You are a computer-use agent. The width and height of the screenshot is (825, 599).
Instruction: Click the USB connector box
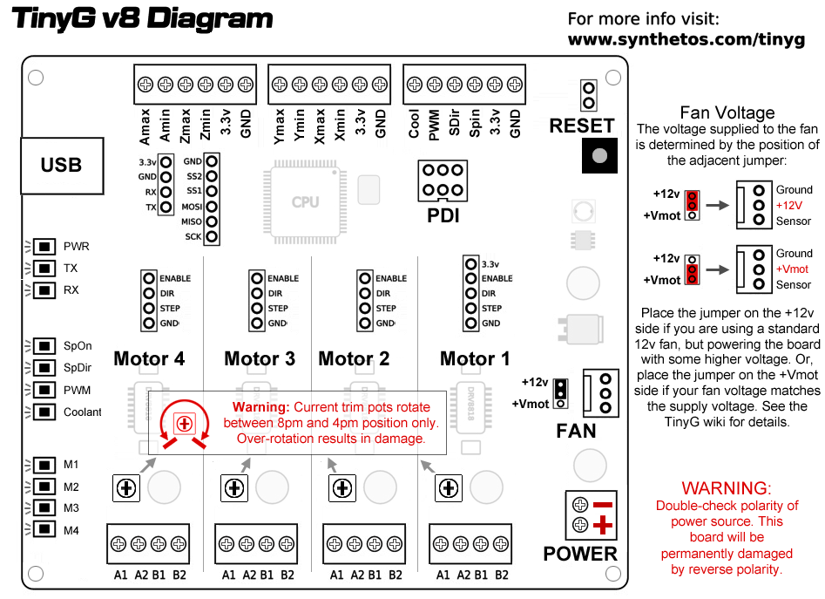pyautogui.click(x=61, y=165)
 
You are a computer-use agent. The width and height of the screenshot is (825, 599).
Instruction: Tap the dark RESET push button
pyautogui.click(x=598, y=155)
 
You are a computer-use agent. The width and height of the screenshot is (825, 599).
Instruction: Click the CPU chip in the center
pyautogui.click(x=305, y=201)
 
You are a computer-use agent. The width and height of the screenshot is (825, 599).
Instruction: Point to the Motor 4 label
pyautogui.click(x=149, y=358)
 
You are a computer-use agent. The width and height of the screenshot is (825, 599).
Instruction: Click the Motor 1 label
pyautogui.click(x=475, y=358)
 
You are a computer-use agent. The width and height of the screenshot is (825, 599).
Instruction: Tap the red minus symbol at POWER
pyautogui.click(x=603, y=505)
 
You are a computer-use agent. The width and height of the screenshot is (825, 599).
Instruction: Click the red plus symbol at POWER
pyautogui.click(x=603, y=525)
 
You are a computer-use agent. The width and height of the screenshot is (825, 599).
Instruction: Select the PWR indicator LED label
pyautogui.click(x=76, y=247)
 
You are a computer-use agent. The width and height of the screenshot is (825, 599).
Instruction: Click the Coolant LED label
pyautogui.click(x=82, y=412)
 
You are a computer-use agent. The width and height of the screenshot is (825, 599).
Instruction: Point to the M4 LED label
pyautogui.click(x=71, y=529)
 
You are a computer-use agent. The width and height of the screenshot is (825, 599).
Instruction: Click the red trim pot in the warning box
pyautogui.click(x=183, y=423)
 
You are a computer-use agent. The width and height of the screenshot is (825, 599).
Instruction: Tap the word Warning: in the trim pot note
pyautogui.click(x=260, y=407)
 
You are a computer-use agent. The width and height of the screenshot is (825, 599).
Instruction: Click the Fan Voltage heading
pyautogui.click(x=727, y=112)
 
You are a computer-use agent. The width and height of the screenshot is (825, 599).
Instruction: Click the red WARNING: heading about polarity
pyautogui.click(x=727, y=488)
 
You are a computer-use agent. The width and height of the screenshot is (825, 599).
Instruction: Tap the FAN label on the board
pyautogui.click(x=576, y=431)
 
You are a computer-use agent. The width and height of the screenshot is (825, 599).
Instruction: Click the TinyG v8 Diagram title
pyautogui.click(x=142, y=19)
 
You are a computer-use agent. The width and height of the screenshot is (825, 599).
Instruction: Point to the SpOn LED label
pyautogui.click(x=78, y=346)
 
